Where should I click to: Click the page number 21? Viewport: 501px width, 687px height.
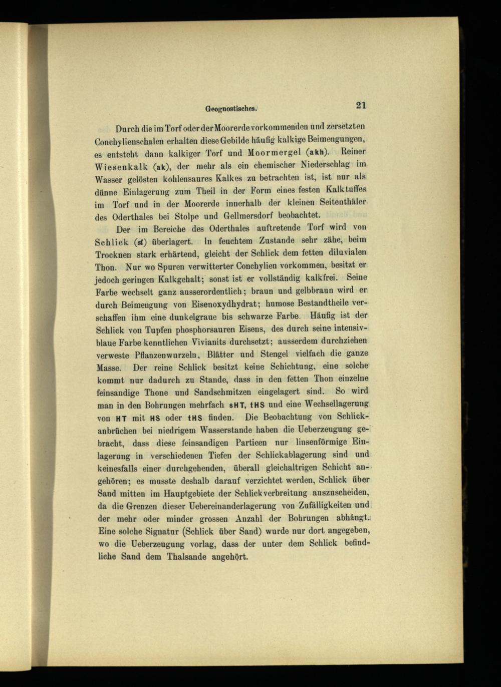pos(361,105)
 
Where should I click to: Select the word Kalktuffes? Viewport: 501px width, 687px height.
pos(347,190)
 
